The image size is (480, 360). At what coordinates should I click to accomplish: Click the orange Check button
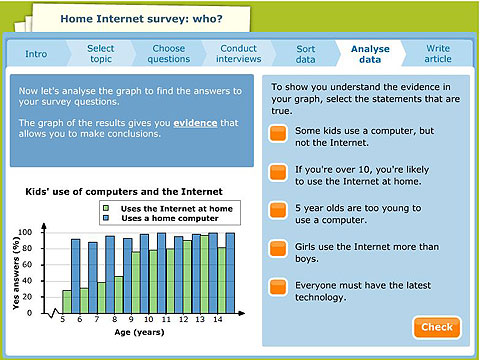(436, 327)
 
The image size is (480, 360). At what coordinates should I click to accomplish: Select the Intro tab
(36, 53)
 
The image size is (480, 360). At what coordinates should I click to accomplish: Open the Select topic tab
(100, 53)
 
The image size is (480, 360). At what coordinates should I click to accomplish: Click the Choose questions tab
(169, 53)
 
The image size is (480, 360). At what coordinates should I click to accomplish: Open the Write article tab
(438, 53)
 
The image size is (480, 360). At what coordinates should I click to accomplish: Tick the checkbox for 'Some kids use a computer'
(279, 137)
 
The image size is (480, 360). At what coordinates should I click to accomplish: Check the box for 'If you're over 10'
(279, 174)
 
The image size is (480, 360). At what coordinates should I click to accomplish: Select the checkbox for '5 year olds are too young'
(279, 212)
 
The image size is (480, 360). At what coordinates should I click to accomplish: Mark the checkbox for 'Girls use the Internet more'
(279, 250)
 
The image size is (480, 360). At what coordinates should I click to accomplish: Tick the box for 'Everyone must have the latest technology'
(279, 289)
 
